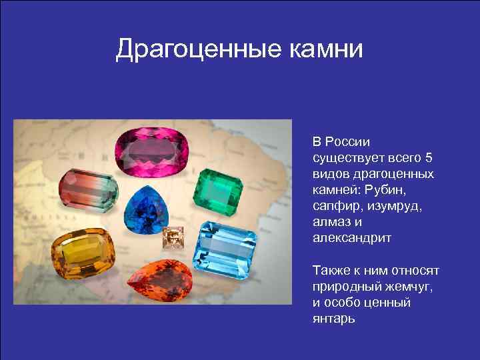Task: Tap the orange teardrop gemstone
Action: (159, 281)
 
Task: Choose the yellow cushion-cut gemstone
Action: (82, 257)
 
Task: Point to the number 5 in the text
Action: (429, 158)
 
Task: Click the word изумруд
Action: (396, 206)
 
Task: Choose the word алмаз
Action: (331, 222)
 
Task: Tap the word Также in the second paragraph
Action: (331, 270)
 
